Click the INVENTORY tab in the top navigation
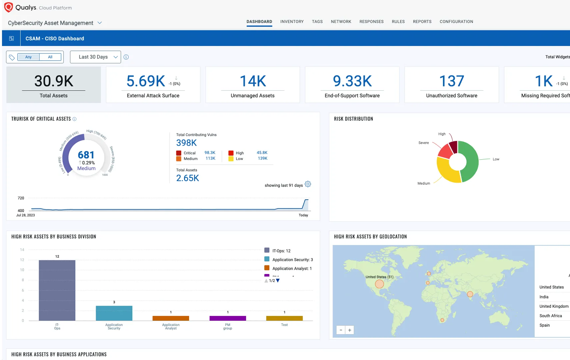[292, 22]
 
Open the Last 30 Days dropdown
[95, 57]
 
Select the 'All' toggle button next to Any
[50, 57]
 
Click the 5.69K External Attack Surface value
[146, 81]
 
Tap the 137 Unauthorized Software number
[451, 81]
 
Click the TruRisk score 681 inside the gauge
[86, 155]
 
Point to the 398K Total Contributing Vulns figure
[186, 143]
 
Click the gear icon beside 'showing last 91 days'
[308, 184]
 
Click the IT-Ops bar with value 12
[57, 290]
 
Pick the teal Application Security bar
[114, 313]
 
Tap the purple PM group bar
[228, 318]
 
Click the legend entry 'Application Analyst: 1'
[292, 268]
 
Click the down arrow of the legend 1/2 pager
[278, 281]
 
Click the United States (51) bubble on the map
[379, 284]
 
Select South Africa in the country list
[551, 316]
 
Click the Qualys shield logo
[8, 7]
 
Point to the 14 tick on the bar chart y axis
[22, 250]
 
